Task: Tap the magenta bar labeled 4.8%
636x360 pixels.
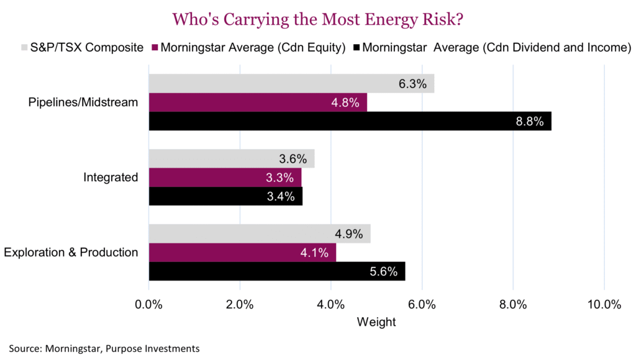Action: (x=257, y=103)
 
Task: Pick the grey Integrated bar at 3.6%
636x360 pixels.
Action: (x=231, y=159)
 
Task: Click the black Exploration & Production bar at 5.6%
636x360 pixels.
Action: (x=276, y=271)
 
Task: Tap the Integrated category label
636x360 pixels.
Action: (x=111, y=178)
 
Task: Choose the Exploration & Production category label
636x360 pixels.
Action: (x=71, y=253)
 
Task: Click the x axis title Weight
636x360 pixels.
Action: (x=376, y=322)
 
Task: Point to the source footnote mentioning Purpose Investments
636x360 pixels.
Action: (x=104, y=348)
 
